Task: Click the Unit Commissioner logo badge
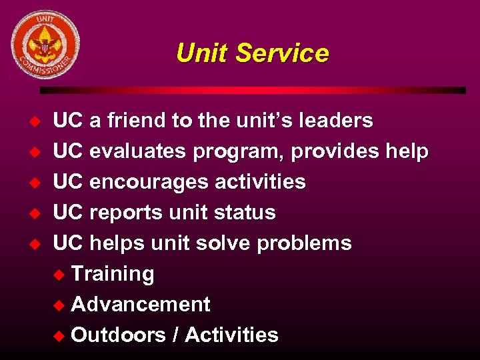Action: [x=45, y=45]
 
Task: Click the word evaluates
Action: [x=138, y=151]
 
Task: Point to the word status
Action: [x=245, y=213]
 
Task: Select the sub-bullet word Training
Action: [x=112, y=274]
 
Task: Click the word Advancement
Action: [x=140, y=305]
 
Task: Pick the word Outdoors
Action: [x=118, y=335]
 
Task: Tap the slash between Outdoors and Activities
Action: [x=175, y=335]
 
